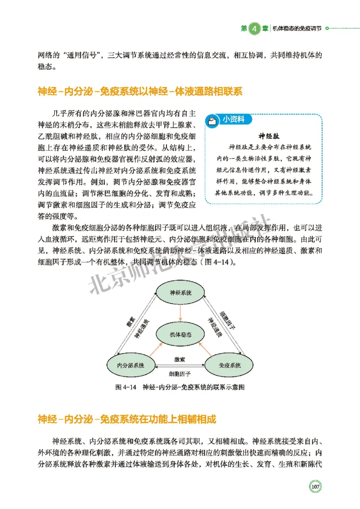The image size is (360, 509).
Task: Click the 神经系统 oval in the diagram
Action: [180, 292]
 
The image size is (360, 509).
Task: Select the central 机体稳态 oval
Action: [180, 335]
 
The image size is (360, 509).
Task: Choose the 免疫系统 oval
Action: [229, 366]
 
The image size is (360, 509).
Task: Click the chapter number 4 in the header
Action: [253, 28]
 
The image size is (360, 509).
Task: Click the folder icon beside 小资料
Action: [211, 120]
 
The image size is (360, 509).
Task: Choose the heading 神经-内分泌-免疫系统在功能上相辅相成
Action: [127, 420]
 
